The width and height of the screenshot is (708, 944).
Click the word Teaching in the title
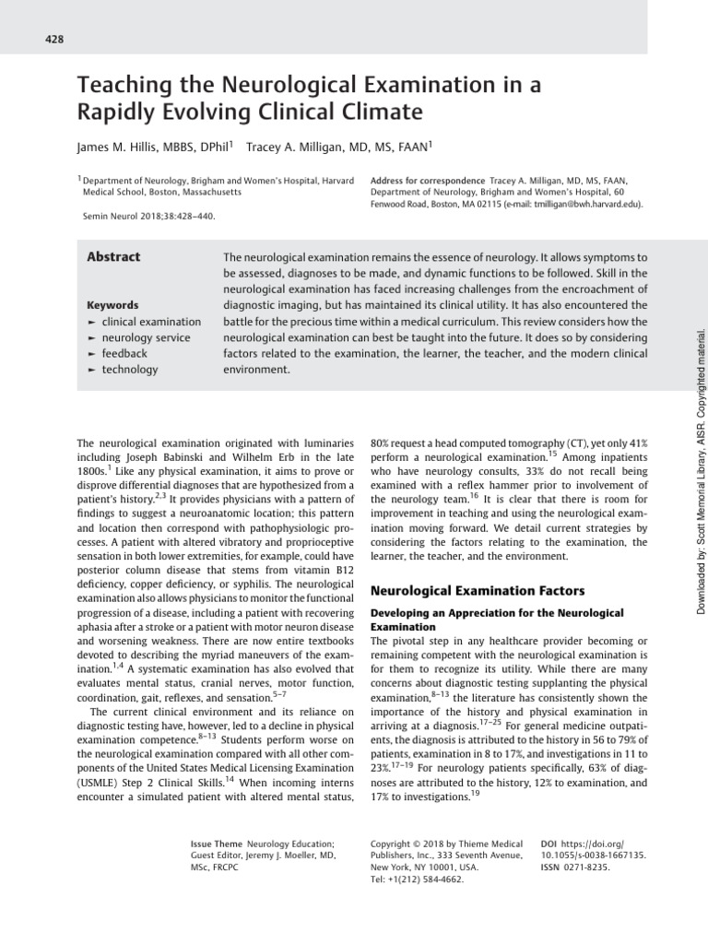tap(126, 86)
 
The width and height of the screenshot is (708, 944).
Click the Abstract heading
tap(113, 257)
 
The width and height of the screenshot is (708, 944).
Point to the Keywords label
tap(112, 305)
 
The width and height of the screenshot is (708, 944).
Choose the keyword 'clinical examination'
tap(150, 322)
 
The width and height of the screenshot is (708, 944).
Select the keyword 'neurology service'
tap(146, 337)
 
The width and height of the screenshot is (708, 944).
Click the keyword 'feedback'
tap(124, 353)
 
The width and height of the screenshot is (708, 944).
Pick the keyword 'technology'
tap(130, 370)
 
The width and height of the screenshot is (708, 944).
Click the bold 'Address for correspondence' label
tap(427, 180)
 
